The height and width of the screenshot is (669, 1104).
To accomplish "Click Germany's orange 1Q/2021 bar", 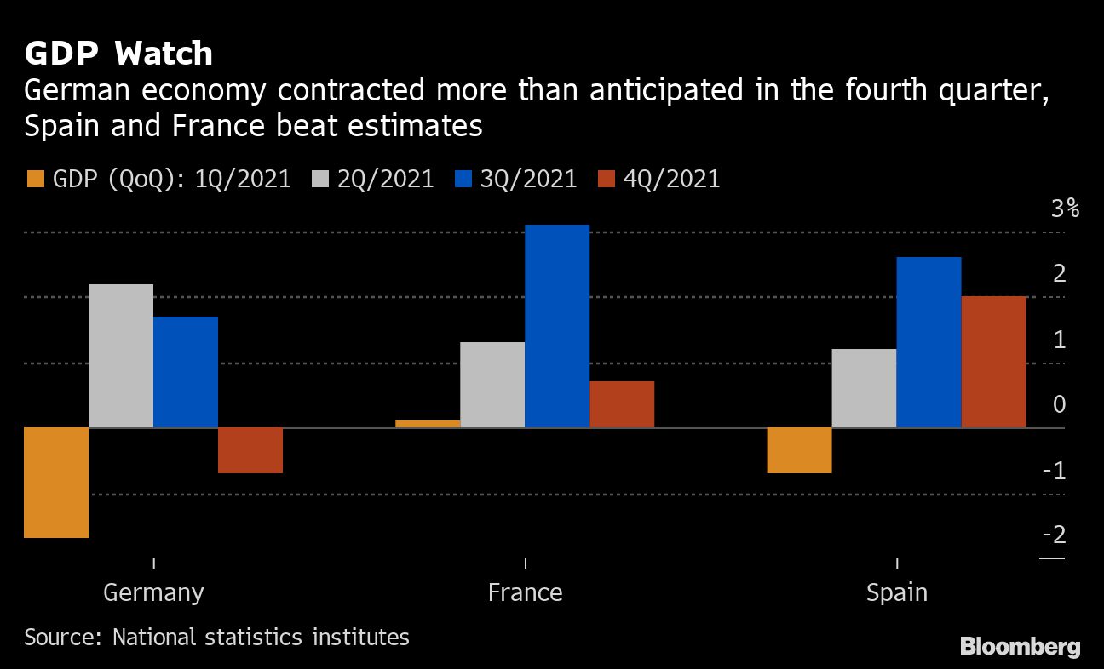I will pos(56,482).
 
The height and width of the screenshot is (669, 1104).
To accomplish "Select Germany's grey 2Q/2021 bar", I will pos(121,356).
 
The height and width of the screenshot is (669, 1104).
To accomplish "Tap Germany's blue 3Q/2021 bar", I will pos(186,372).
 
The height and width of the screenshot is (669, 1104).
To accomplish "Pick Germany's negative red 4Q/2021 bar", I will pos(250,449).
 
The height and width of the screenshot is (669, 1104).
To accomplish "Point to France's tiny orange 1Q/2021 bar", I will pos(428,423).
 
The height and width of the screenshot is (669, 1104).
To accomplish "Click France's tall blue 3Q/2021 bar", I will pos(557,326).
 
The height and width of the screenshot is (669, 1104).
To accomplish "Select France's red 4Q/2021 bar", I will pos(622,404).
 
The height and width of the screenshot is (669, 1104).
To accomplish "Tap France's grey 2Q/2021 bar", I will pos(492,385).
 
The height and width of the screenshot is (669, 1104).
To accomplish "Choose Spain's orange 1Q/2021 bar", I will pos(799,449).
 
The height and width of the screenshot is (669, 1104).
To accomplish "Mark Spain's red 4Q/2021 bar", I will pos(993,362).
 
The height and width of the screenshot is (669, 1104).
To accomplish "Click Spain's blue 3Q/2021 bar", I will pos(929,342).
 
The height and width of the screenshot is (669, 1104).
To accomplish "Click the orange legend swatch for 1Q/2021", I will pos(35,180).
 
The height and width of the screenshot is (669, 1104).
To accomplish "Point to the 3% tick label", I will pos(1065,209).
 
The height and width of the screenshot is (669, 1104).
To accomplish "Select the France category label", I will pos(525,592).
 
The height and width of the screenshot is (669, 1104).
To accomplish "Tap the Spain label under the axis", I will pos(896,592).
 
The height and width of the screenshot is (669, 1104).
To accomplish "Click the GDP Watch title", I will pos(118,54).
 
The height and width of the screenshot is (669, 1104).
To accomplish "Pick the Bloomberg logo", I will pos(1020,647).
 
